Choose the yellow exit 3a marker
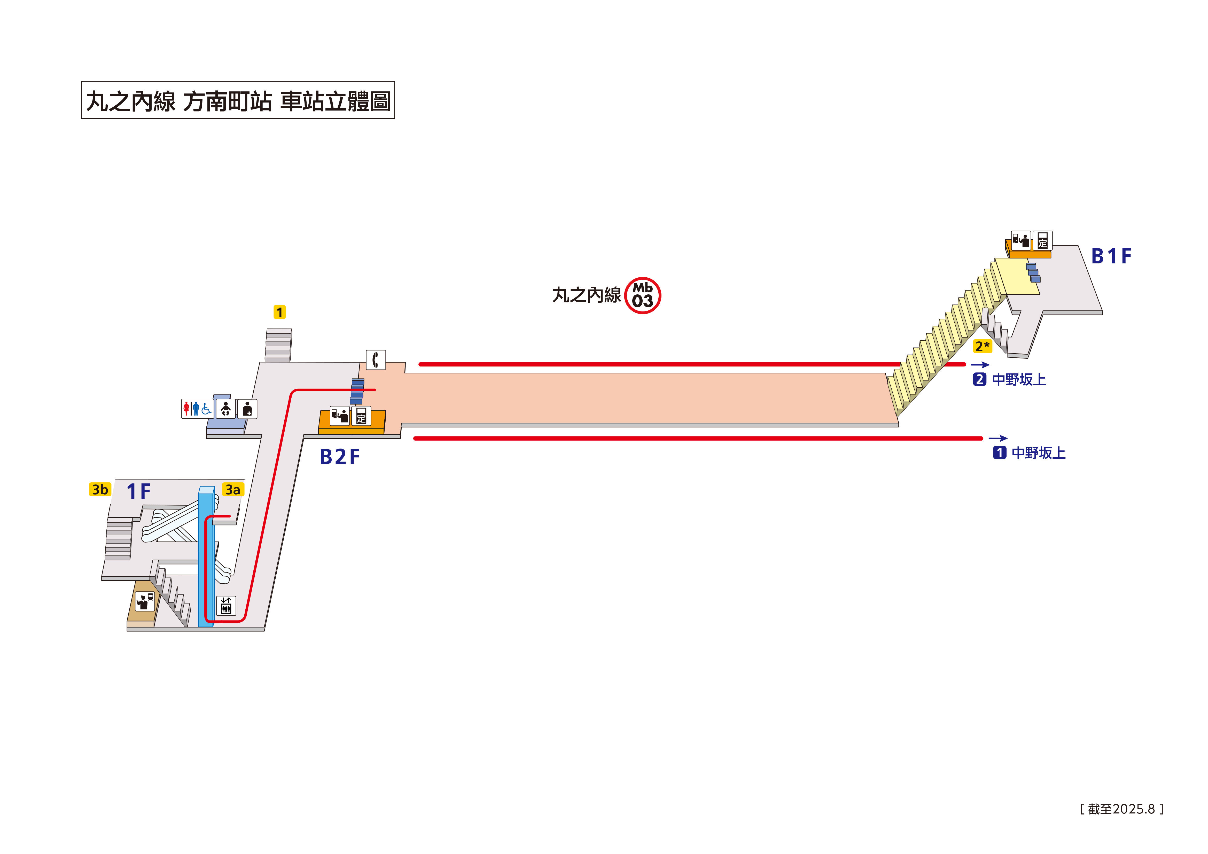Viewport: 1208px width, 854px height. [232, 489]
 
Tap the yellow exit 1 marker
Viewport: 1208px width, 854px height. [279, 312]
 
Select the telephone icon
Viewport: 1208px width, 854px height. [376, 360]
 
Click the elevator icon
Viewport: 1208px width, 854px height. [226, 606]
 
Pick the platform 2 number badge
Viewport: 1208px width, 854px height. [979, 379]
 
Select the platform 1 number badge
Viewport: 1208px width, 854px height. [999, 452]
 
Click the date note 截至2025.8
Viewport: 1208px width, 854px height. [1121, 809]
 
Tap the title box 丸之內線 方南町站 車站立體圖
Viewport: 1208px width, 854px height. [238, 100]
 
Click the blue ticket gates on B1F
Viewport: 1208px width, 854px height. [1033, 272]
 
